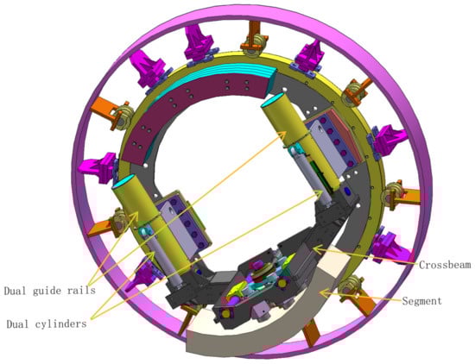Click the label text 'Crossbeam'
coord(445,265)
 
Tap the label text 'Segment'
coord(421,301)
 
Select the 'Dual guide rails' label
coord(50,291)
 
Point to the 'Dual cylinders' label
coord(47,324)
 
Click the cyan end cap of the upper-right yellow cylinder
coord(273,99)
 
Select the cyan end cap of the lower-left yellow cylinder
coord(124,181)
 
